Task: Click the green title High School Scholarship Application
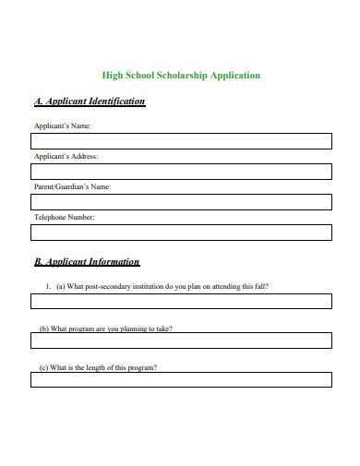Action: pos(180,76)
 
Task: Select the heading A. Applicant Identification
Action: pos(89,102)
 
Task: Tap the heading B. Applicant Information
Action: pos(87,262)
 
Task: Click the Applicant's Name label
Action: pos(62,125)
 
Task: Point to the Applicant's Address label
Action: pos(66,156)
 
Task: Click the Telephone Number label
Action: pos(65,217)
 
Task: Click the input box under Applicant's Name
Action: pos(181,140)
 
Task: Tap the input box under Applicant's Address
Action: pos(181,171)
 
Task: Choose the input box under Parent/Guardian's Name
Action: pos(181,201)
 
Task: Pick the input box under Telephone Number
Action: pos(181,232)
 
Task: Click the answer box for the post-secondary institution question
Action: pos(181,301)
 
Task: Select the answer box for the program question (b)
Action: pos(181,341)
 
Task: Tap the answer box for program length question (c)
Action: pos(181,379)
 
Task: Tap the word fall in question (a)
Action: pos(262,286)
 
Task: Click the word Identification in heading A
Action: pos(112,102)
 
